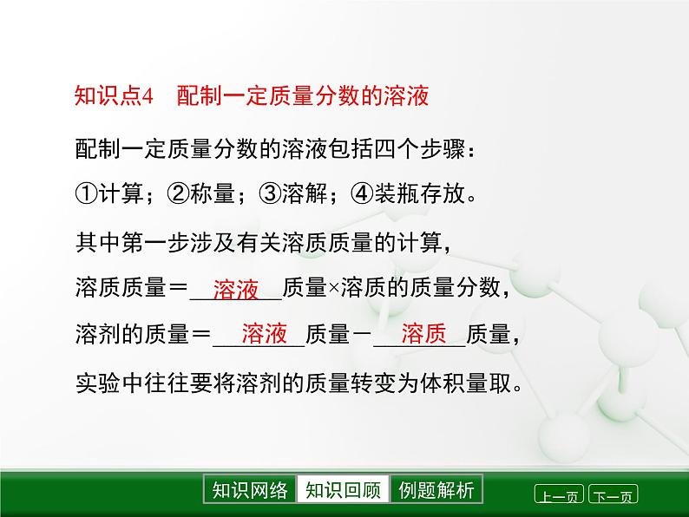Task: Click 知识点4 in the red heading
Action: point(113,96)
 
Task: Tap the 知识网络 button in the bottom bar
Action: point(250,490)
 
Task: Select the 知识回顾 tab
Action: point(343,490)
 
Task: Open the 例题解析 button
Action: point(436,490)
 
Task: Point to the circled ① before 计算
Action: point(87,195)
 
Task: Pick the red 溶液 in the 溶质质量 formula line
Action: point(235,290)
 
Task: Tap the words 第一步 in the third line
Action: point(164,242)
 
